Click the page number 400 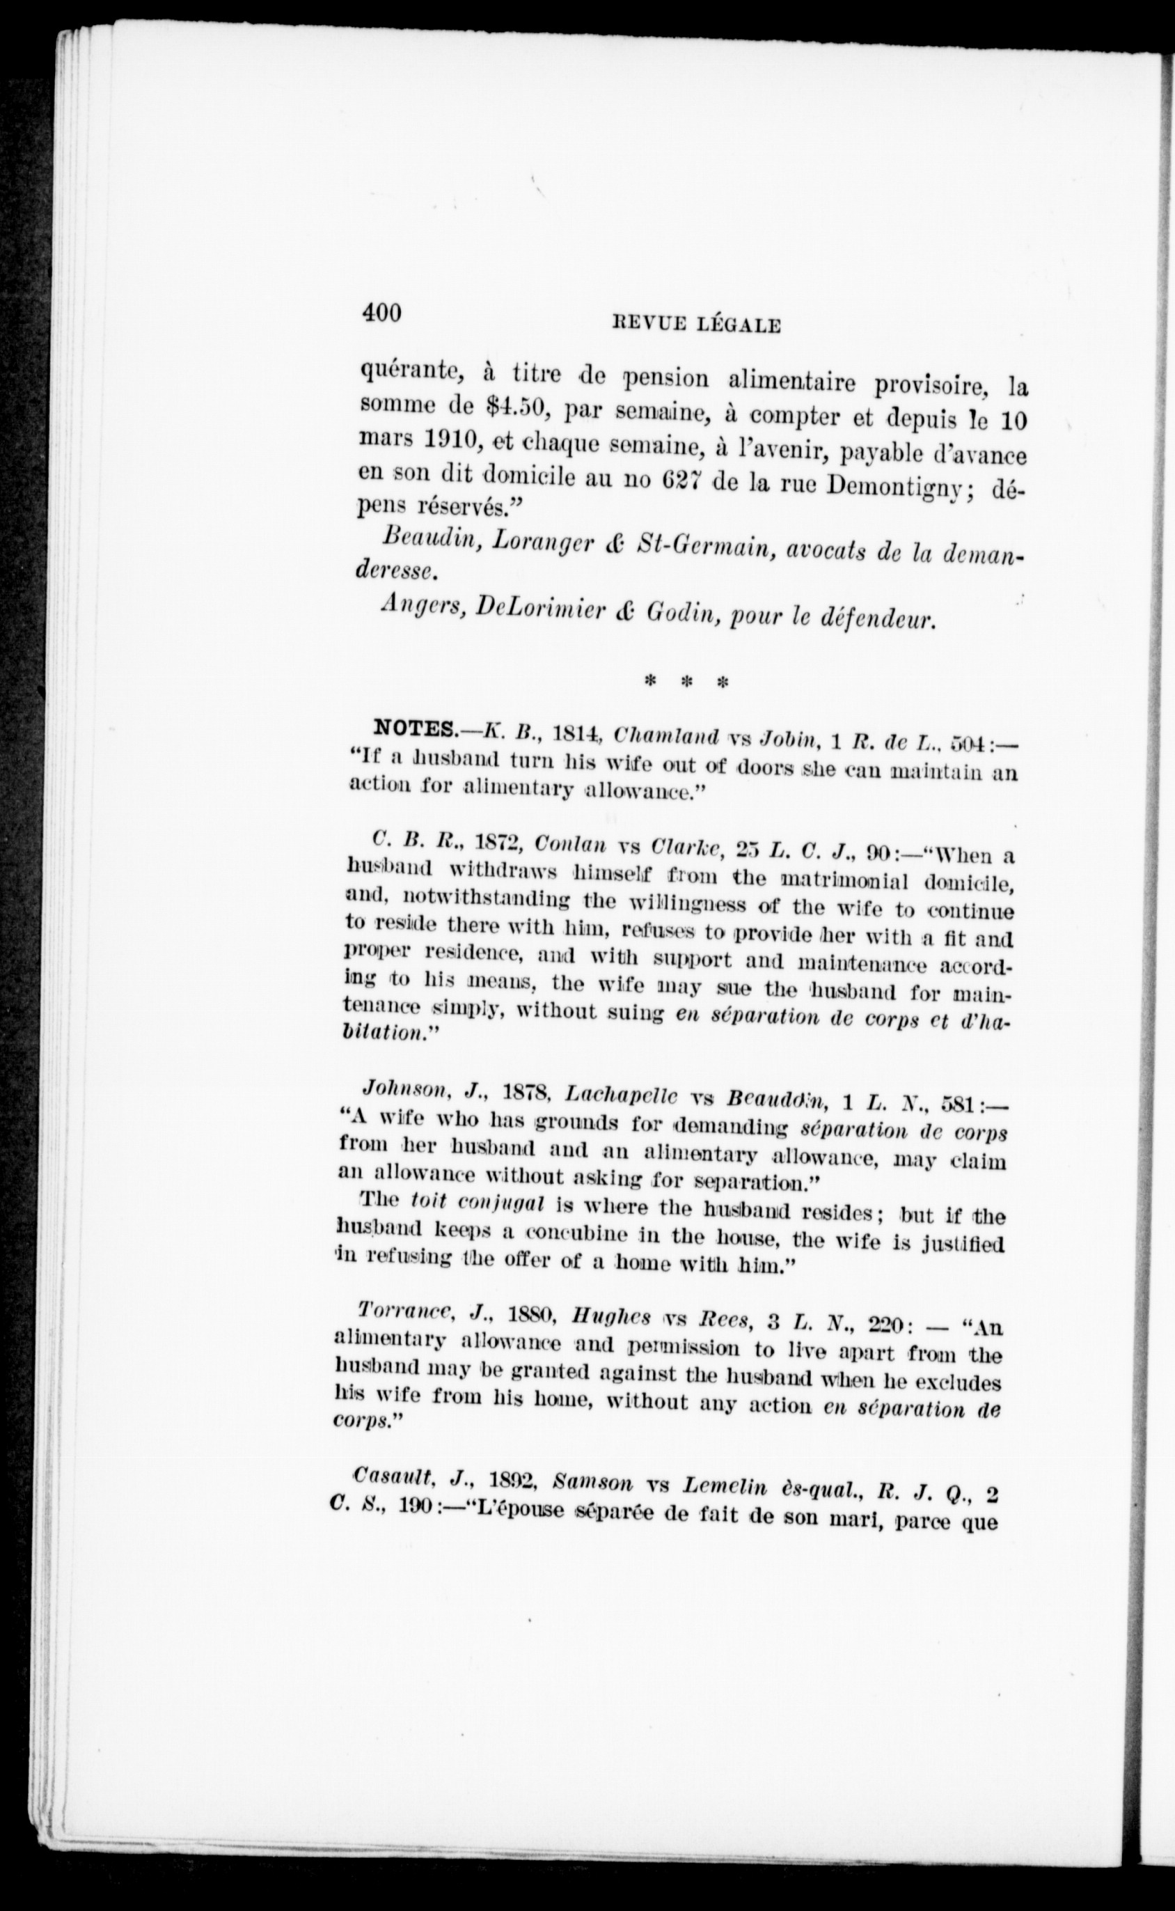coord(381,313)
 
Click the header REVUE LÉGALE coord(696,325)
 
